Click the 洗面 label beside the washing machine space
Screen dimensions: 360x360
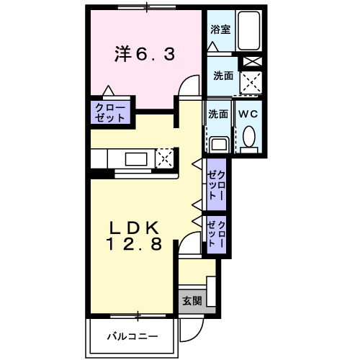[x=221, y=75]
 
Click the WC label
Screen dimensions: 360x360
[x=248, y=113]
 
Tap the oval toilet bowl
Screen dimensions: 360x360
[x=248, y=136]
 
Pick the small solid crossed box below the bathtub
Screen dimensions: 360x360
[x=250, y=60]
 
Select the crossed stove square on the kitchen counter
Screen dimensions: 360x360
[x=164, y=157]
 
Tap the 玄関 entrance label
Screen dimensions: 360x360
[x=192, y=301]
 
